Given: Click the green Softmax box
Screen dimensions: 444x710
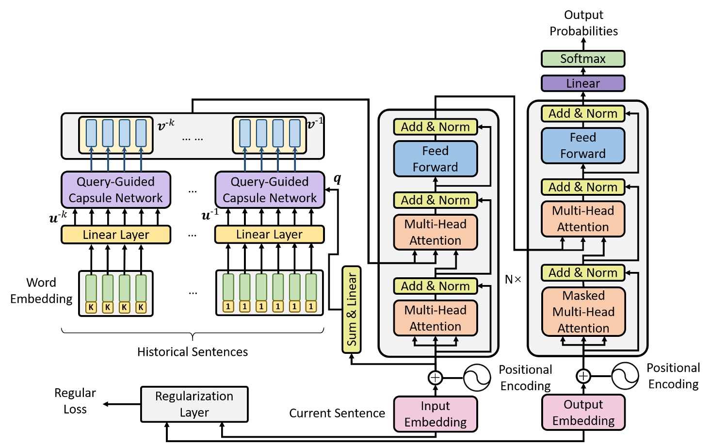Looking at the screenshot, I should pos(582,59).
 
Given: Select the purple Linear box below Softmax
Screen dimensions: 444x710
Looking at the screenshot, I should pos(582,83).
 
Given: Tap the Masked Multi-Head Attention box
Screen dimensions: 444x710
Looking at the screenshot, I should pos(583,312).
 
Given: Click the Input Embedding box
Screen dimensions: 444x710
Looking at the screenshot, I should pos(435,414).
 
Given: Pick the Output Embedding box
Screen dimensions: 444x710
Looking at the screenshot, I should pos(583,412).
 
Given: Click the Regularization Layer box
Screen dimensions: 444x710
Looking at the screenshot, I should pos(194,404).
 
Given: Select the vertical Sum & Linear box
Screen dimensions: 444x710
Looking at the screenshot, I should pos(352,309).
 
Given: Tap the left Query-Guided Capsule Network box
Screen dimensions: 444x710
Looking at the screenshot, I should pos(115,190).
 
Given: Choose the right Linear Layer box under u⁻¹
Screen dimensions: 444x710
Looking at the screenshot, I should pos(269,235).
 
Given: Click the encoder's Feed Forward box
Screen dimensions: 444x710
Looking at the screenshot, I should pos(435,159).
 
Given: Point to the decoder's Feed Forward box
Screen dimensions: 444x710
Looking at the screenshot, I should pos(582,145).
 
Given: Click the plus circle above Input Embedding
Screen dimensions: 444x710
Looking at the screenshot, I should pos(435,378).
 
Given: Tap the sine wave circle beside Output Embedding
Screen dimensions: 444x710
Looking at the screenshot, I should pos(625,376).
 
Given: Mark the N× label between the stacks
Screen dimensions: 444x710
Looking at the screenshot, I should pos(513,280).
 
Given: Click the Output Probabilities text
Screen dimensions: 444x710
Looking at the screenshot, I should pos(583,23).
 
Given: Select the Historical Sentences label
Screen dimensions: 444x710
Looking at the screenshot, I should pos(193,352).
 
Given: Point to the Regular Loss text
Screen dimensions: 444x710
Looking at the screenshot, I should pos(75,401).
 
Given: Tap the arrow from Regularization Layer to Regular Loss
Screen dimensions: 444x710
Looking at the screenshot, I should pos(122,404).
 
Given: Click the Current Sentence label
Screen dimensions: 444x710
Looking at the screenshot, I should pos(337,413).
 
